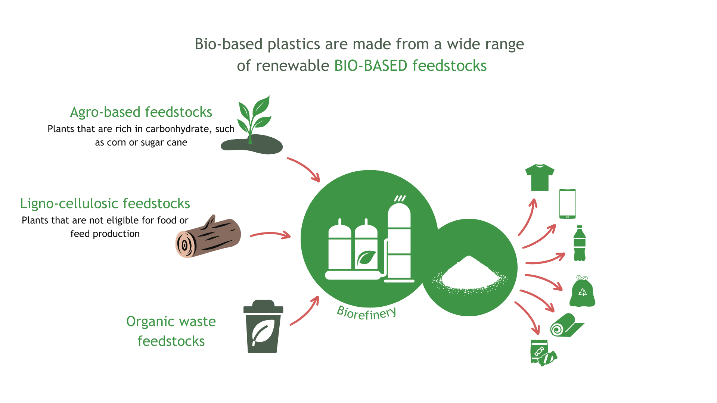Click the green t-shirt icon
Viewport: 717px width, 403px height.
[540, 178]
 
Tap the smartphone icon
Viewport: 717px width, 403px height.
[567, 204]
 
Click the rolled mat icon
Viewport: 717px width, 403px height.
[566, 325]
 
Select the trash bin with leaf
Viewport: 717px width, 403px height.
[263, 327]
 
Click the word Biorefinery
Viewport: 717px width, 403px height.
[366, 313]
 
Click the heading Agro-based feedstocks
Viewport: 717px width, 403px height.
[141, 112]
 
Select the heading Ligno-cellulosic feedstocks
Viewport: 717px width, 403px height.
[105, 203]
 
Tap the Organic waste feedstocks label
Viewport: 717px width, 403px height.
[171, 331]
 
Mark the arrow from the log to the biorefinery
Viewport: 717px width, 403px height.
[270, 235]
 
